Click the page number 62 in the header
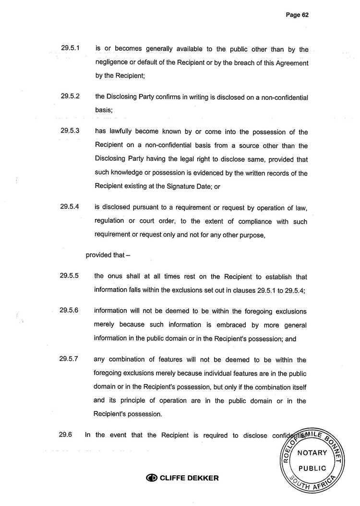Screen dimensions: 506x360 304,15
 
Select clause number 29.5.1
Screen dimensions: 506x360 70,48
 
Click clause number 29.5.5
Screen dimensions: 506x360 70,276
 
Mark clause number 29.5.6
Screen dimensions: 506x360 70,310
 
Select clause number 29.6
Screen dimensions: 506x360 65,434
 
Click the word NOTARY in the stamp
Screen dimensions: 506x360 312,453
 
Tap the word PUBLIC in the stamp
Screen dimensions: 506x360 312,468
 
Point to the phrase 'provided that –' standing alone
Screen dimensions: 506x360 108,255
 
